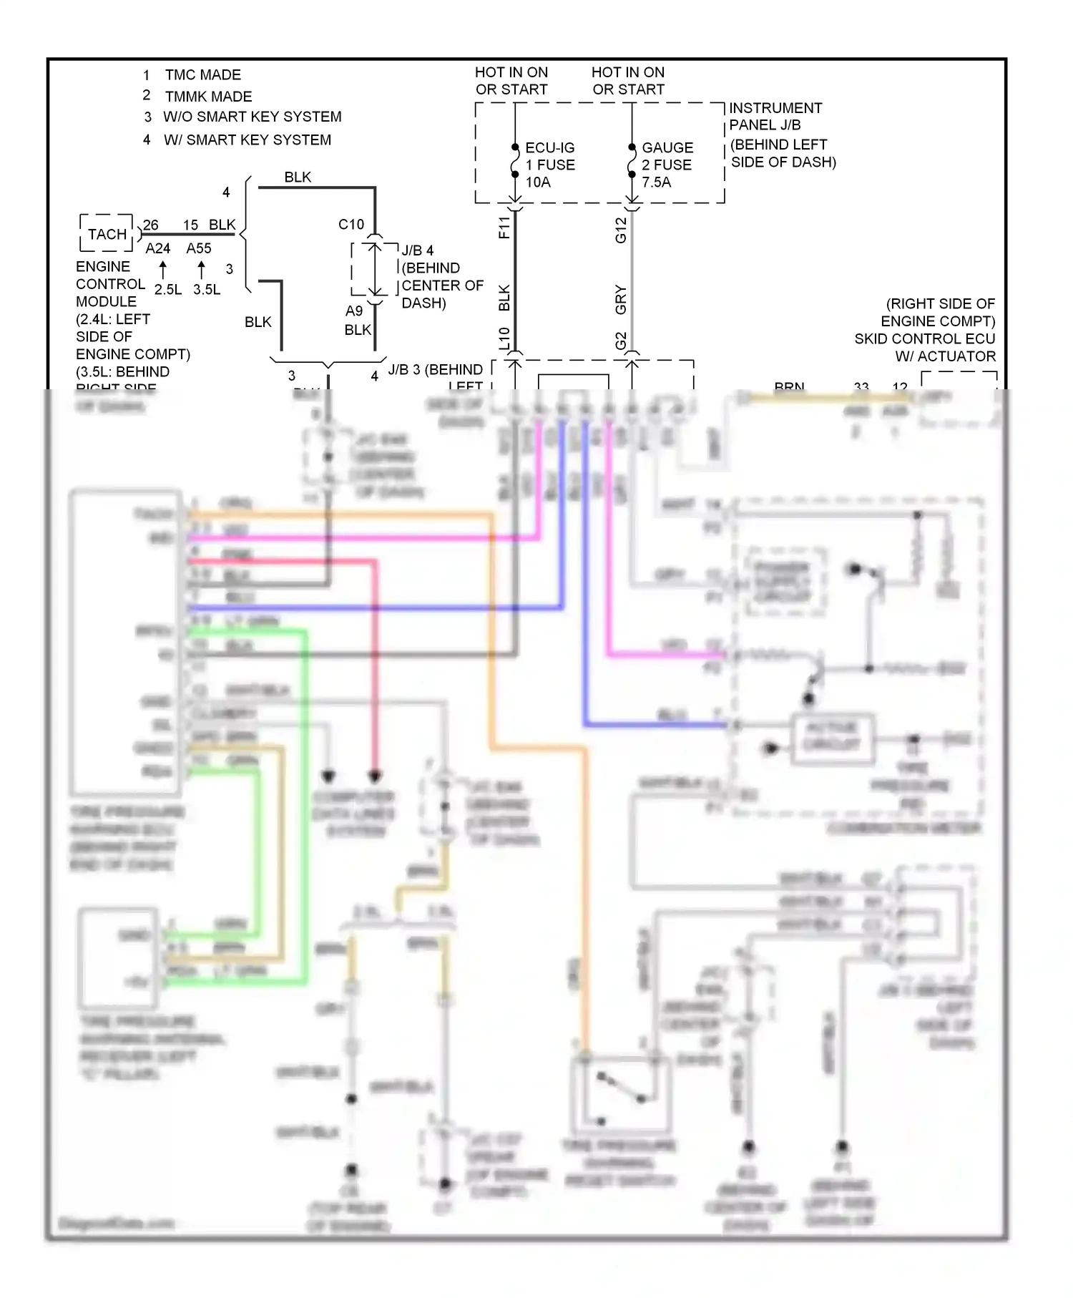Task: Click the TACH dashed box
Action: pos(107,234)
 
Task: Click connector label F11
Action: pos(504,228)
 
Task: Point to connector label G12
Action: pos(621,230)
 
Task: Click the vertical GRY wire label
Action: pos(621,299)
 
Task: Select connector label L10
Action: pos(504,338)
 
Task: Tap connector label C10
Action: pos(351,225)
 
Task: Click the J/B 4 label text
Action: pos(417,250)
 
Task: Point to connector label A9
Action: pos(354,311)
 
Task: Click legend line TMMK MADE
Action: pos(207,97)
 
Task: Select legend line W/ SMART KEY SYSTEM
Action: pos(247,140)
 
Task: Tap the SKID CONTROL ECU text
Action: pos(924,338)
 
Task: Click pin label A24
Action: pos(157,248)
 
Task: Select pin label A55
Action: pos(199,248)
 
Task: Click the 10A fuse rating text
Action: pos(538,182)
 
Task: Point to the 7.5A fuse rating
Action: pos(656,182)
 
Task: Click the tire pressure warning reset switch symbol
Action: pos(620,1093)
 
